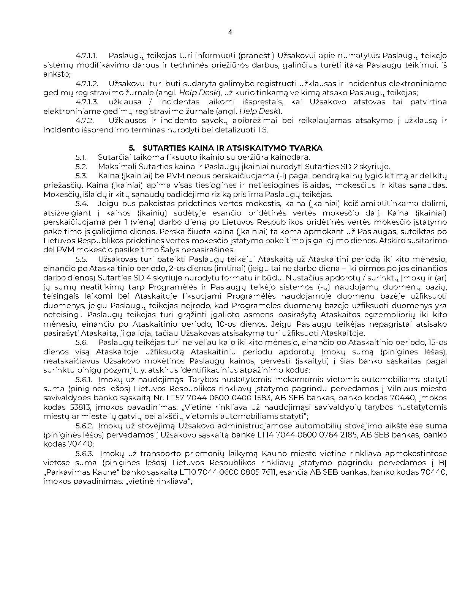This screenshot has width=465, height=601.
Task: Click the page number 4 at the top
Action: pos(230,32)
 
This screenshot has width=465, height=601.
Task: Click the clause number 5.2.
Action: pos(81,167)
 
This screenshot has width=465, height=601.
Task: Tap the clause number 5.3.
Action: pos(81,176)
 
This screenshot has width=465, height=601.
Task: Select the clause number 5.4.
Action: pos(82,204)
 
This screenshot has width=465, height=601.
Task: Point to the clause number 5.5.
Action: pos(81,260)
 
